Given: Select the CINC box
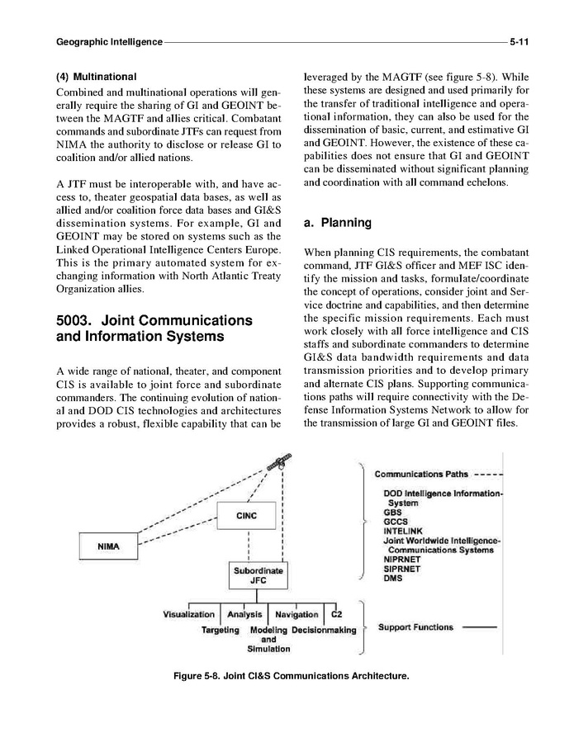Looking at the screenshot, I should click(x=246, y=516).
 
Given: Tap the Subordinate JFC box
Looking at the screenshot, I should click(x=258, y=574).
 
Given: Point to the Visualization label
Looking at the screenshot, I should click(x=189, y=614).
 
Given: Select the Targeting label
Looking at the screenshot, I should click(x=221, y=630).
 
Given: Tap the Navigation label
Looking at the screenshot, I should click(x=296, y=614).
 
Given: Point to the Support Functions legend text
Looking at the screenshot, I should click(x=415, y=627).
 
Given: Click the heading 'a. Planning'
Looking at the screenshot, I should click(x=338, y=223).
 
